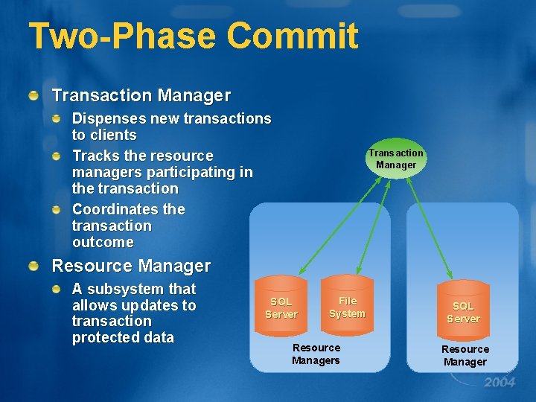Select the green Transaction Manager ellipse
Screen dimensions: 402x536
click(x=395, y=159)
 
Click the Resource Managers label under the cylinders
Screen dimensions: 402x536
click(x=316, y=354)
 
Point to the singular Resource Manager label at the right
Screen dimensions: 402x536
click(x=465, y=355)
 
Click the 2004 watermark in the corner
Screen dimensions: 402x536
click(x=499, y=383)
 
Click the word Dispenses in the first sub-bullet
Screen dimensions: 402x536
click(x=108, y=118)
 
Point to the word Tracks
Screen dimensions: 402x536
click(x=94, y=156)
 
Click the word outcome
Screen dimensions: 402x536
click(x=103, y=242)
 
